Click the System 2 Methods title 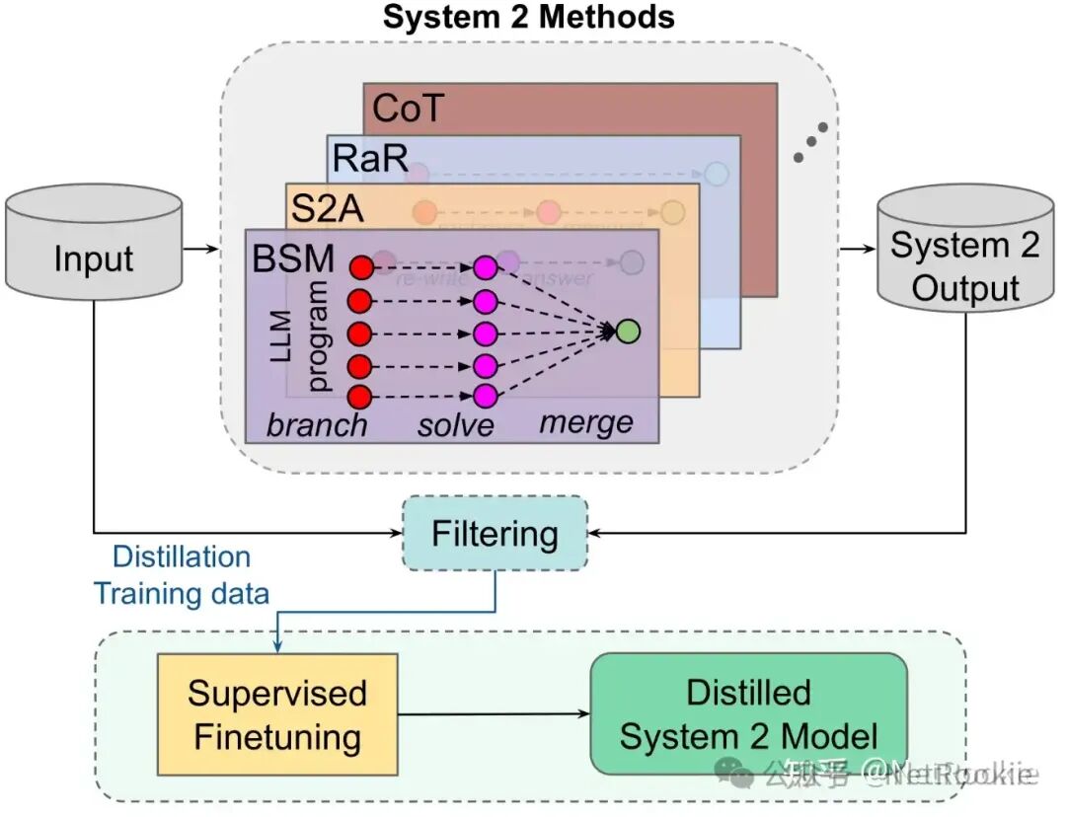[x=528, y=17]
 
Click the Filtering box [x=495, y=534]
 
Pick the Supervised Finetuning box [x=277, y=714]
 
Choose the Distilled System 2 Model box [x=748, y=713]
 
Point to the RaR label [x=370, y=158]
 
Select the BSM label [x=294, y=259]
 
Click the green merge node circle [x=626, y=332]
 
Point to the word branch [x=317, y=424]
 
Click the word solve [x=455, y=424]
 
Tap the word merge [x=586, y=422]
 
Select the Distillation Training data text [x=181, y=575]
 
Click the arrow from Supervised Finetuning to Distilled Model [x=494, y=714]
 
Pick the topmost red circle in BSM [x=360, y=266]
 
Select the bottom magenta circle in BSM [x=485, y=397]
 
